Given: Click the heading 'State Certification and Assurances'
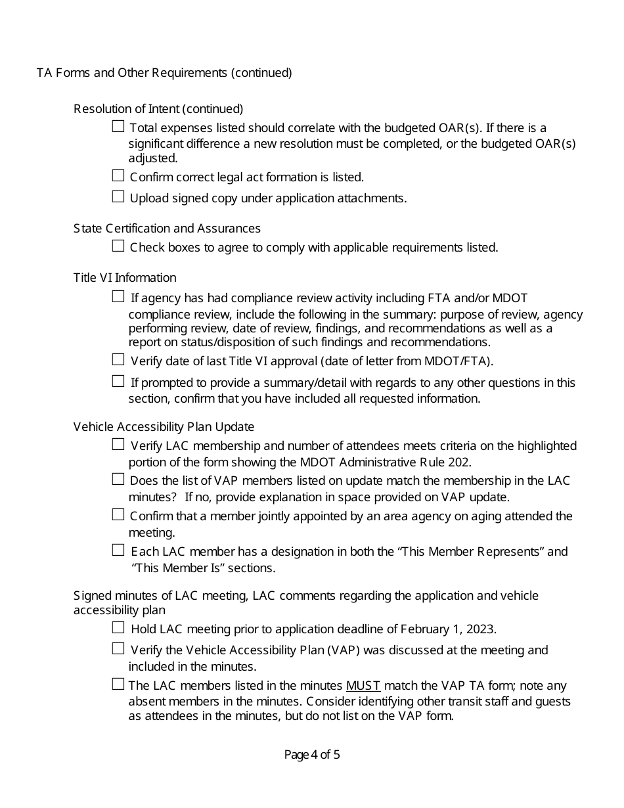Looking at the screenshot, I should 167,229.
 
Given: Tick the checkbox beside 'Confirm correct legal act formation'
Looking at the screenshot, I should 118,176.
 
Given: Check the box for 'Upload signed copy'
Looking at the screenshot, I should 118,196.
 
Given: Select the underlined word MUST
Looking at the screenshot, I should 363,686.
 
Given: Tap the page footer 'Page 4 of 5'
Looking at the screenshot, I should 312,755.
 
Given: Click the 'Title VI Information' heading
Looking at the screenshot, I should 125,278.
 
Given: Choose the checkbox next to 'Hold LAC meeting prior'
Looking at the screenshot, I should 118,628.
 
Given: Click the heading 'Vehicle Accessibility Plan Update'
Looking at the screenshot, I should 164,427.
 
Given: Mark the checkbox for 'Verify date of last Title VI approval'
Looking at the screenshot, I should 118,359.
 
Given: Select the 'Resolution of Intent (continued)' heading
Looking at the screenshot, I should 158,108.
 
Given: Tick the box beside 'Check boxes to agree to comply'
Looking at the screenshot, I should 118,246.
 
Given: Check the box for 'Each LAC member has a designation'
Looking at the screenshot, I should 118,550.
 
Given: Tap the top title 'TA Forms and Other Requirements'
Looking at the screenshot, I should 164,73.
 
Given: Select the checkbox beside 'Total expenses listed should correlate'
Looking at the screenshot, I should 118,126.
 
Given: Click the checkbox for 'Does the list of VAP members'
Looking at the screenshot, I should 118,480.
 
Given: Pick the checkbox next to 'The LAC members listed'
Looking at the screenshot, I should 118,685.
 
